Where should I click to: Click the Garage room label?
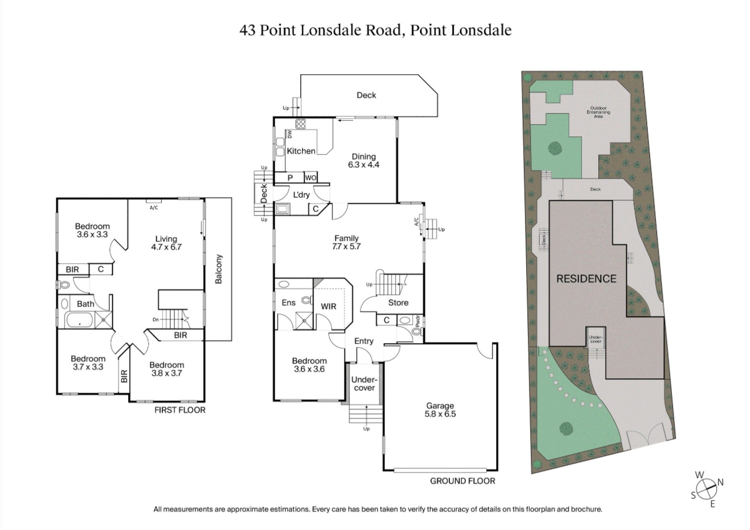(x=440, y=406)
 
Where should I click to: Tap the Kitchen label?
(x=301, y=151)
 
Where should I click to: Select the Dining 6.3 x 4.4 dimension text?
(x=364, y=165)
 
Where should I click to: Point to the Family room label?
(x=346, y=238)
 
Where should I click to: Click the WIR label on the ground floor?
(x=328, y=306)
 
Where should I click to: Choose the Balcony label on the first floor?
(x=218, y=269)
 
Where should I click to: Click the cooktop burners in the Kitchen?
(x=301, y=124)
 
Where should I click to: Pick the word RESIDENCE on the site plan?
(x=586, y=279)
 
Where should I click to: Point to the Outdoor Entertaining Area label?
(x=598, y=112)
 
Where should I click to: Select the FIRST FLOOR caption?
(x=180, y=410)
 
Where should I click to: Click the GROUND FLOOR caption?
(x=462, y=481)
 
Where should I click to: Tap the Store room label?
(x=398, y=303)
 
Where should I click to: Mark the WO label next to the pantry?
(x=311, y=178)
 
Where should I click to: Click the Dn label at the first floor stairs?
(x=156, y=319)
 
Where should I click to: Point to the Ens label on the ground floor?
(x=289, y=303)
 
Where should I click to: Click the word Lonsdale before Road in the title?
(x=330, y=30)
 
